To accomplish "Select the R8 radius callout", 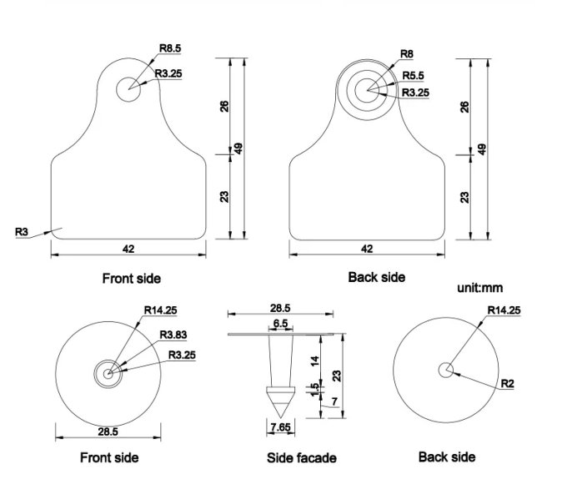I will [x=406, y=53].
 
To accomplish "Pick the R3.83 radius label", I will [x=173, y=336].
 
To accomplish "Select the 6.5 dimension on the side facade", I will [x=280, y=322].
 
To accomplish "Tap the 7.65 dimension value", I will [x=279, y=426].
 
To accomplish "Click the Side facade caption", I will [x=302, y=457].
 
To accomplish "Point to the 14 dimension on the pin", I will [x=314, y=360].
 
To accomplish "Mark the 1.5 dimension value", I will [x=314, y=391].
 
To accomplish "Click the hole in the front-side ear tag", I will [x=129, y=89].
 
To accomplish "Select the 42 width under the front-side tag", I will [x=128, y=249].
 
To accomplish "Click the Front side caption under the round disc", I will [x=109, y=457].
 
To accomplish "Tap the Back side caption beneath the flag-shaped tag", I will [x=376, y=276].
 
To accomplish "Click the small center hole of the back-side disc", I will [x=447, y=370].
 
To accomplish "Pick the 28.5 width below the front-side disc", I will [x=108, y=431].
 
